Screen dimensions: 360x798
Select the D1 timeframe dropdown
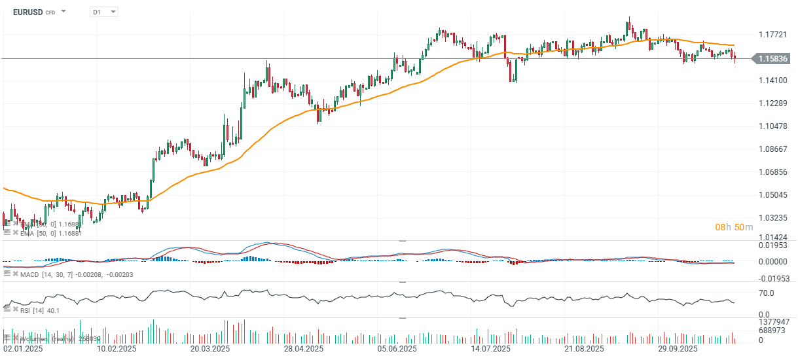point(103,12)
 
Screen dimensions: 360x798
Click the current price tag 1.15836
point(774,59)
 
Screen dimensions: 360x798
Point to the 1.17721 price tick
point(772,34)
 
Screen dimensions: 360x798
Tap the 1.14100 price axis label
point(772,80)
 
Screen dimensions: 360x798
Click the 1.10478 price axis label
point(772,126)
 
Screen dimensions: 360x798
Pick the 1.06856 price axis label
point(772,172)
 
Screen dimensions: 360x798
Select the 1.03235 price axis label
point(772,218)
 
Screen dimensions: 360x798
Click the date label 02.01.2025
point(24,350)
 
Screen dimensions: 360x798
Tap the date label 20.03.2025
point(209,350)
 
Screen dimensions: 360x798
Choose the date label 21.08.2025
point(585,350)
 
